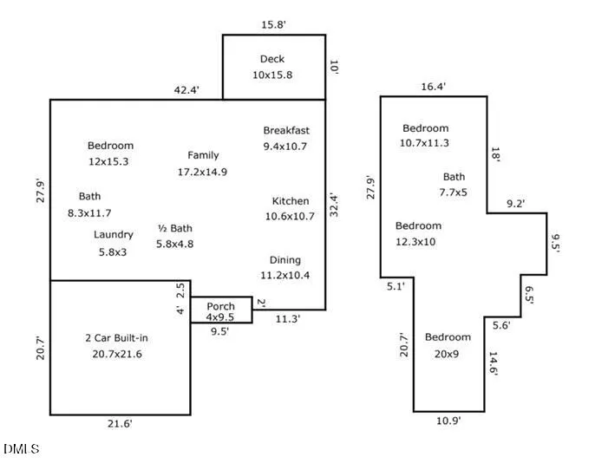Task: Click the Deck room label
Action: coord(272,59)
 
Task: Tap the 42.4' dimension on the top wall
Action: coord(186,90)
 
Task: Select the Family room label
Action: coord(203,155)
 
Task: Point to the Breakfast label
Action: coord(286,130)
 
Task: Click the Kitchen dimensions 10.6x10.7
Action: coord(290,217)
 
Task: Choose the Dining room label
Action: coord(285,260)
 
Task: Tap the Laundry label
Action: coord(114,235)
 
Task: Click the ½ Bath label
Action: coord(175,228)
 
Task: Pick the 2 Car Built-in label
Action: coord(116,338)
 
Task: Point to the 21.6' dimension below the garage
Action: coord(120,424)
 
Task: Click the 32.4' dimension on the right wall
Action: coord(334,206)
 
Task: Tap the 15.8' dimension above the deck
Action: coord(273,25)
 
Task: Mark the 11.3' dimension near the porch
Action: coord(288,319)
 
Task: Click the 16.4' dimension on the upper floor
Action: coord(434,87)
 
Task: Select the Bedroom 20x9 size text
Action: coord(447,355)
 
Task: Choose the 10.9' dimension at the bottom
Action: coord(448,421)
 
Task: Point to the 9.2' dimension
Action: coord(516,204)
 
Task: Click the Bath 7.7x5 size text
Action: coord(453,193)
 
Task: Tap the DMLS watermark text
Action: coord(22,449)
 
